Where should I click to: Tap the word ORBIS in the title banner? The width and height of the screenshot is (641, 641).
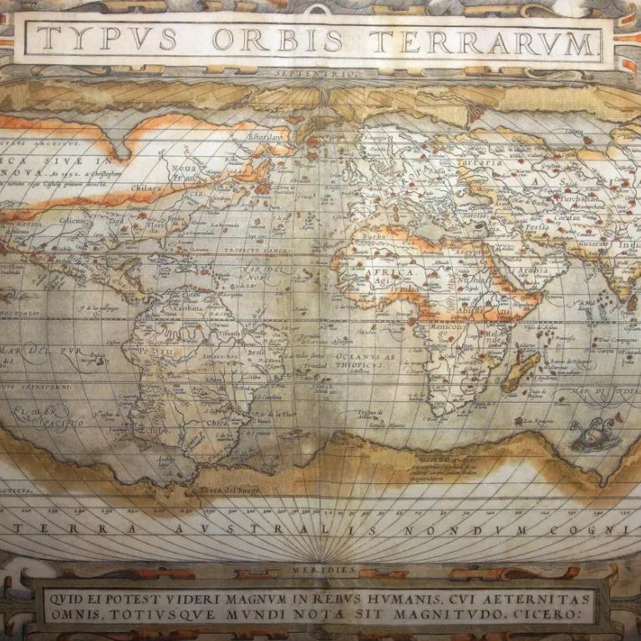coord(277,39)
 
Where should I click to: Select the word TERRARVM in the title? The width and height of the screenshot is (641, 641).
coord(483,42)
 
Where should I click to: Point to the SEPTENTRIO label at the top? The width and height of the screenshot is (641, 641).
coord(318,74)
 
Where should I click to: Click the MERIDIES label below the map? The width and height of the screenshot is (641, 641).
coord(320,569)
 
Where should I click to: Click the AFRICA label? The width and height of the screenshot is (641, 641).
coord(389,273)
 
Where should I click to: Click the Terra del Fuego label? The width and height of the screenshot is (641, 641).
coord(230,490)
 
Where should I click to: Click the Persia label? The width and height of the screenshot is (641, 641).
coord(537,226)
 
